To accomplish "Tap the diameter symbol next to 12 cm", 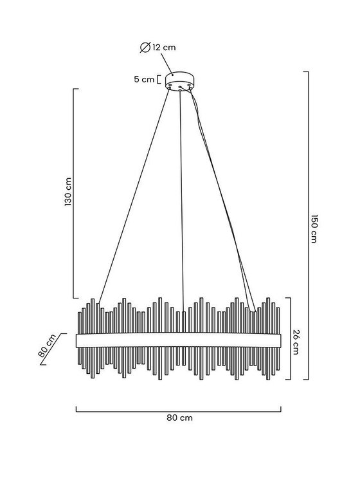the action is click(145, 48).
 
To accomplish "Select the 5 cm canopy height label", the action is click(144, 79).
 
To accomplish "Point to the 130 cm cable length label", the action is click(68, 192).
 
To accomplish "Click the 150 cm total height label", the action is click(313, 228).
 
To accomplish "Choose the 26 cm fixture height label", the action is click(295, 342).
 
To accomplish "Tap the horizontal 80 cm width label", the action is click(179, 418).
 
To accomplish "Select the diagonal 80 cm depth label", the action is click(48, 346).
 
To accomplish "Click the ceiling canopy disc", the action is click(180, 80).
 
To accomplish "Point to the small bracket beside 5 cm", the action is click(158, 79).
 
